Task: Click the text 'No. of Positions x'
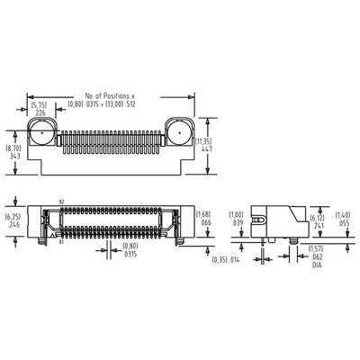[112, 94]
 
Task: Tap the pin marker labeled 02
[62, 202]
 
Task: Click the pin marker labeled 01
[62, 241]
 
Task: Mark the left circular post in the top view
[43, 137]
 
